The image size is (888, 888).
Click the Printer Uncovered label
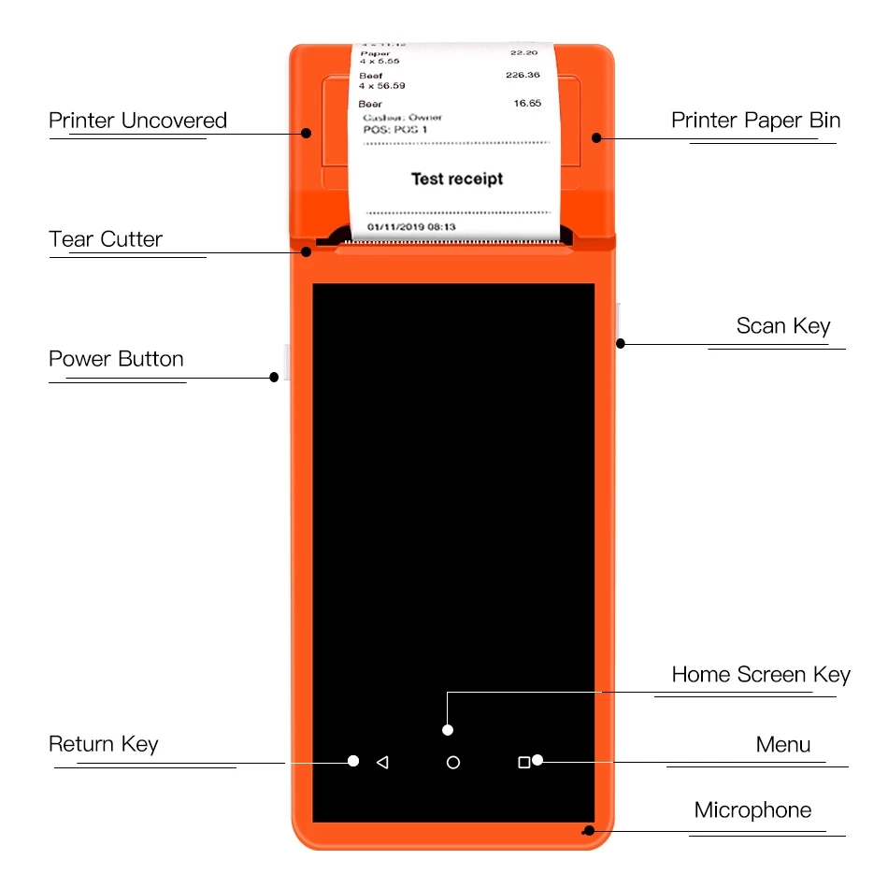click(x=137, y=121)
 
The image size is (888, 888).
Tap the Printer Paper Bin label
click(x=755, y=121)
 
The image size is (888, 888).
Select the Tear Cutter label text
click(x=106, y=239)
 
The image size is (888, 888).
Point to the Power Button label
click(x=116, y=359)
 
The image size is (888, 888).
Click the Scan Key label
click(x=783, y=325)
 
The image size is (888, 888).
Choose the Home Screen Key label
click(x=761, y=675)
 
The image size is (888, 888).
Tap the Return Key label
click(x=104, y=744)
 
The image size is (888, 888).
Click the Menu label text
click(x=783, y=745)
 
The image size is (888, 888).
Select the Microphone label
click(x=752, y=809)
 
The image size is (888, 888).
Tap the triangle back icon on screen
click(x=381, y=763)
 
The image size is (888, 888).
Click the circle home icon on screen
click(x=453, y=763)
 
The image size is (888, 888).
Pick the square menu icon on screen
click(x=523, y=763)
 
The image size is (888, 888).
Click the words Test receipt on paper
click(x=457, y=179)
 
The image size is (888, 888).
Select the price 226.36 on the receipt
click(x=523, y=75)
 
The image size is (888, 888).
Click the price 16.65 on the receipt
click(x=527, y=103)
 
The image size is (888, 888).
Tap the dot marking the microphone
click(x=588, y=831)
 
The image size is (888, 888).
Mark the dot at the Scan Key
click(x=620, y=344)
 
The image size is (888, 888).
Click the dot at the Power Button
click(x=274, y=377)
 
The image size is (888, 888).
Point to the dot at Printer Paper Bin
click(x=595, y=137)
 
